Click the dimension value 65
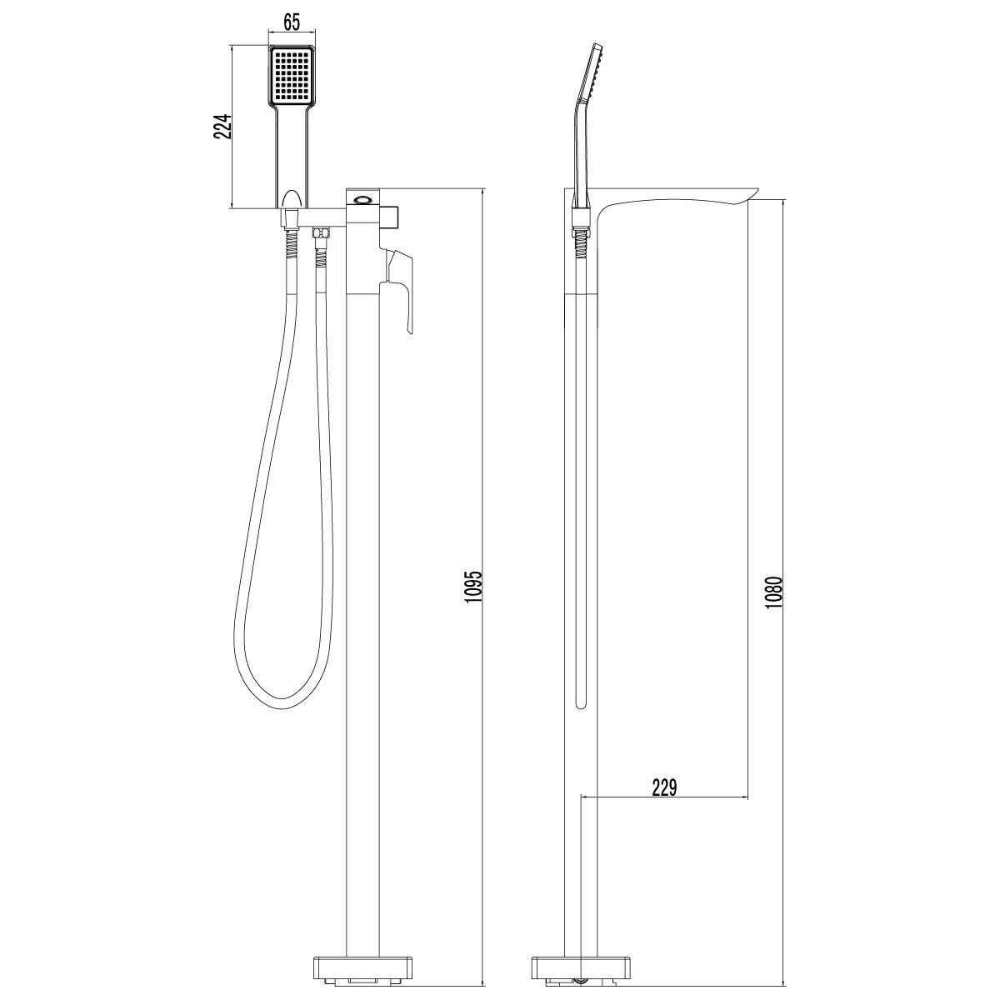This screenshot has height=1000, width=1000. (x=290, y=22)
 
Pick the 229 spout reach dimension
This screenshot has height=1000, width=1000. (x=663, y=787)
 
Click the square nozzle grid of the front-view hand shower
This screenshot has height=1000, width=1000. (x=290, y=76)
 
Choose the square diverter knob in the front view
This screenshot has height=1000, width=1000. (x=392, y=216)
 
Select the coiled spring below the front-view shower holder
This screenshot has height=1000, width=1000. (x=289, y=246)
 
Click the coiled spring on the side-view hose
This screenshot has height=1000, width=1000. (x=581, y=246)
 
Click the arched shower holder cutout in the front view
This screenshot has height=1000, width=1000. (x=290, y=199)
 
